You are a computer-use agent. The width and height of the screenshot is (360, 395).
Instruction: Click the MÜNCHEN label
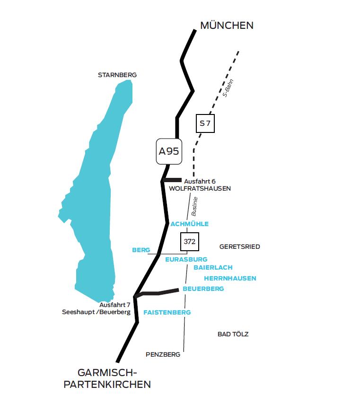pos(227,26)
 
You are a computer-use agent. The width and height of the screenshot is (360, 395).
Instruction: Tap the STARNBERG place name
pos(117,75)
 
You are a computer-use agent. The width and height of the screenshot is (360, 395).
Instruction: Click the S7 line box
pos(205,123)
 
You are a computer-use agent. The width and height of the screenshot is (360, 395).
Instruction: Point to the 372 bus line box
pos(189,241)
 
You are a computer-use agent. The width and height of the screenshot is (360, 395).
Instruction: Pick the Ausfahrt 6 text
pos(200,181)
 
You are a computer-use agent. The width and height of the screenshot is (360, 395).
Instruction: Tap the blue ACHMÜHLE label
pos(189,224)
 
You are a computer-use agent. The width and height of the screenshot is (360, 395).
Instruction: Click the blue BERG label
pos(141,250)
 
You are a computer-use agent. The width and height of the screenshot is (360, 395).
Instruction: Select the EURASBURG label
pos(186,259)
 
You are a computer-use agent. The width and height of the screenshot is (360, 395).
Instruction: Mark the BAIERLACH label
pos(213,268)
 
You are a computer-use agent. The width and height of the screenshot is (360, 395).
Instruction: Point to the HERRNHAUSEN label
pos(230,278)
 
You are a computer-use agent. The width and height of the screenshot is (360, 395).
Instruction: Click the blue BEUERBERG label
pos(203,289)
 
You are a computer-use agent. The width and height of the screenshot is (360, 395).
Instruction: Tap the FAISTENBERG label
pos(167,312)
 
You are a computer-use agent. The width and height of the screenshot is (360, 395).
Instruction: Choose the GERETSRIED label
pos(240,246)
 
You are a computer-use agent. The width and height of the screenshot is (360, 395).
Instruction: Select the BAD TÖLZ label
pos(233,334)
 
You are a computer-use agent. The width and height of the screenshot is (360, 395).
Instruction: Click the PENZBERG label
pos(163,353)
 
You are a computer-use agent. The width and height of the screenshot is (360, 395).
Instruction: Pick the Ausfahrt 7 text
pos(115,305)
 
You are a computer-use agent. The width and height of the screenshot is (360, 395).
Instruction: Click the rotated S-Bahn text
pos(228,88)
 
